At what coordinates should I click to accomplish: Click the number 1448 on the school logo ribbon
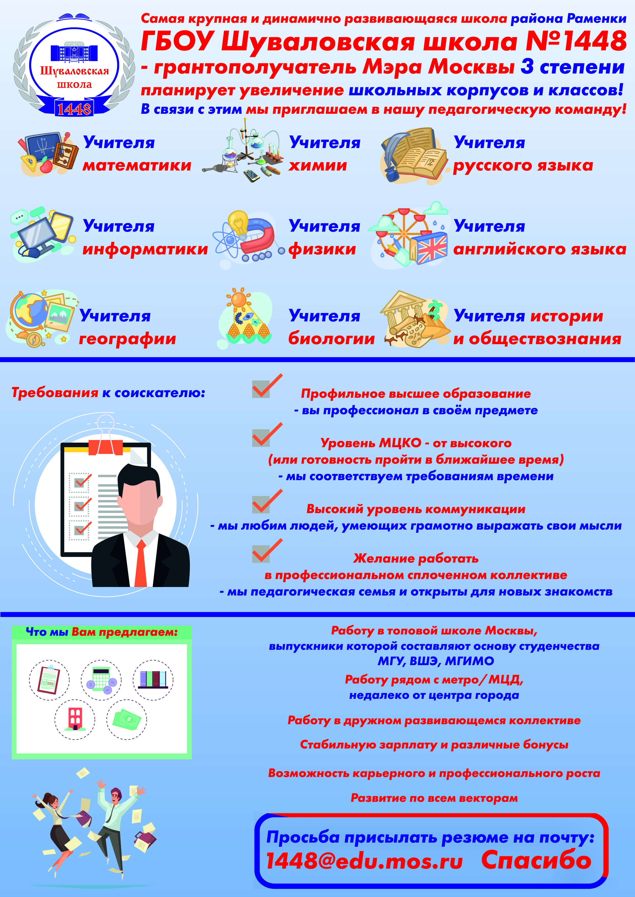(74, 109)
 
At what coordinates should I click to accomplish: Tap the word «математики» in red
(137, 166)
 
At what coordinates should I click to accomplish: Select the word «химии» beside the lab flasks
(317, 166)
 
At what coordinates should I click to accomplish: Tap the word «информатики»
(145, 249)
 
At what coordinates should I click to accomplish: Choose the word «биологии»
(331, 339)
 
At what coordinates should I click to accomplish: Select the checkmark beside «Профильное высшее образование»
(267, 386)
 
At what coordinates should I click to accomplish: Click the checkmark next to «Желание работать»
(267, 551)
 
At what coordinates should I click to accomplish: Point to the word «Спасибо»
(536, 860)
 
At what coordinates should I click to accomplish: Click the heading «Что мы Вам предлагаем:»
(102, 632)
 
